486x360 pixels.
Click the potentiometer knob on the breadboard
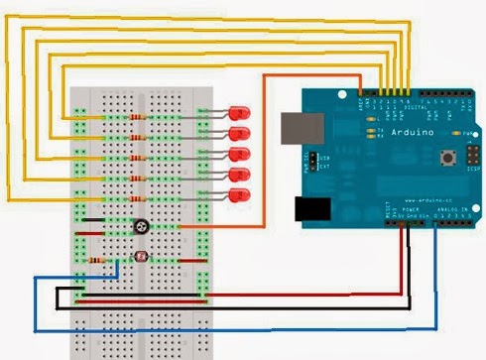tap(143, 227)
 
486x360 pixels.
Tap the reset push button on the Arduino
tap(454, 158)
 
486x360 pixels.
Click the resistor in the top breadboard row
tap(136, 116)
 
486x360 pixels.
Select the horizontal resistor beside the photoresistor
tap(97, 260)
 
